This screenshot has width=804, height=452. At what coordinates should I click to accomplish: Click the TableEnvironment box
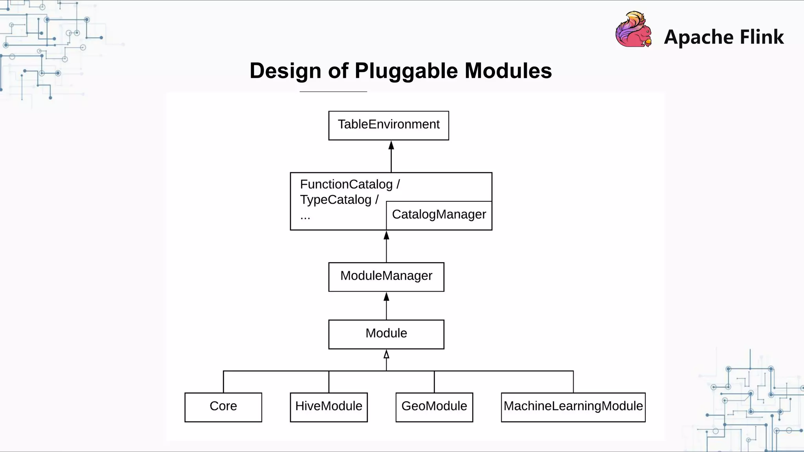pos(388,125)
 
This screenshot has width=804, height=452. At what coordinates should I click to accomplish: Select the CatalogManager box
pos(439,215)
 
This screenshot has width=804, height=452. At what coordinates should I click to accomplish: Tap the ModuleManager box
pos(386,277)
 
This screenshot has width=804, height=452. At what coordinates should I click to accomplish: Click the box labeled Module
pos(386,334)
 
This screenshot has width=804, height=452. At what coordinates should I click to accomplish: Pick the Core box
pos(223,407)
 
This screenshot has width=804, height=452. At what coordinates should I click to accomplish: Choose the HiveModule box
pos(329,407)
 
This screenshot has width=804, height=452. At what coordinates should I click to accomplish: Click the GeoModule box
pos(434,407)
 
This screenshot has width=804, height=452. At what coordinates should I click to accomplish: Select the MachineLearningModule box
pos(573,407)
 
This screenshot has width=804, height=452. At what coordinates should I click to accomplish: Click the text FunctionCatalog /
pos(350,184)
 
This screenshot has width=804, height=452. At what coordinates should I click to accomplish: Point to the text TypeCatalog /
pos(339,200)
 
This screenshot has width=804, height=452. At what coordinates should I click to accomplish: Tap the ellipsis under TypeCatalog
pos(305,217)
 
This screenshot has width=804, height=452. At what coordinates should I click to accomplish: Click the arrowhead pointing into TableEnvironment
pos(391,146)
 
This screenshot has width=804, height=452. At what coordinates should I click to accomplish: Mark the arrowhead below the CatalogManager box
pos(386,235)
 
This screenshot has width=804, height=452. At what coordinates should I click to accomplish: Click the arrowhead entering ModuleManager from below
pos(386,297)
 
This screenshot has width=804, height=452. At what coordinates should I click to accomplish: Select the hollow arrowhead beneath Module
pos(386,354)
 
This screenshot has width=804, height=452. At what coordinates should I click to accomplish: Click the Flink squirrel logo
pos(634,30)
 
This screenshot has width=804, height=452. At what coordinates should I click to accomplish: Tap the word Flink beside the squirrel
pos(762,37)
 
